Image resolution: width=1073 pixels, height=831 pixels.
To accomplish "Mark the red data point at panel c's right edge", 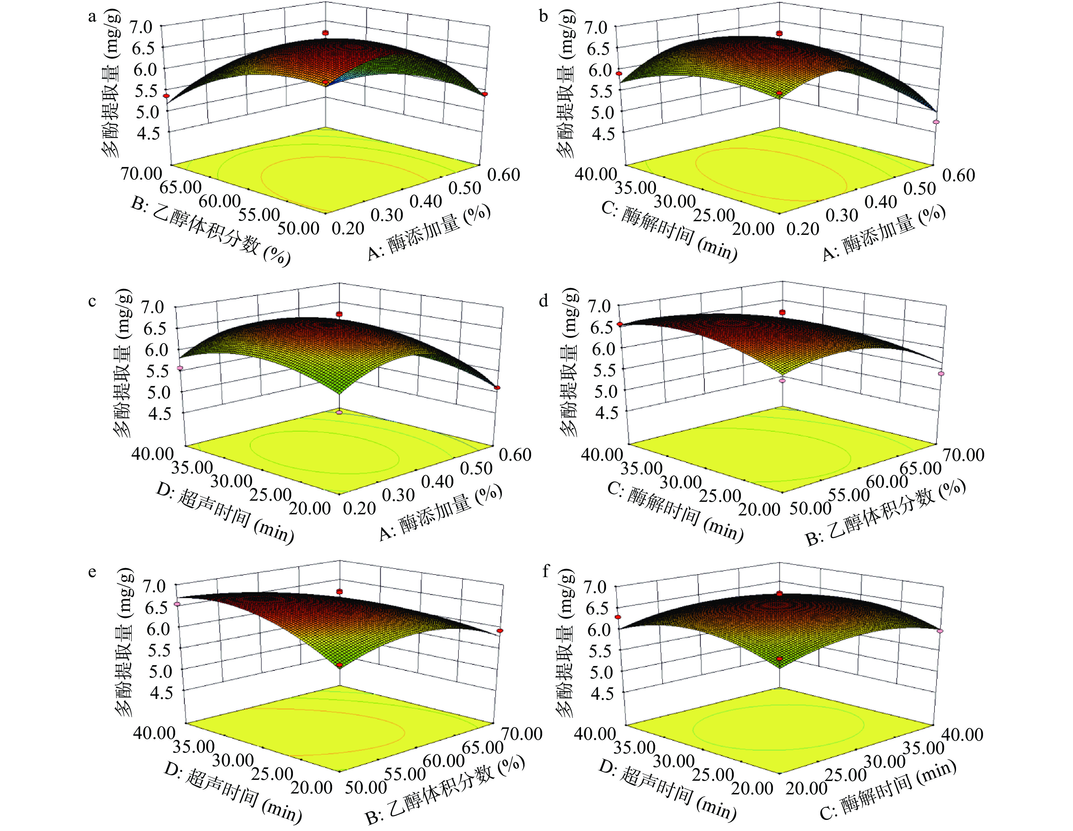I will pos(498,388).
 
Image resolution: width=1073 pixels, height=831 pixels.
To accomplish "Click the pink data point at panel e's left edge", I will pos(178,604).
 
